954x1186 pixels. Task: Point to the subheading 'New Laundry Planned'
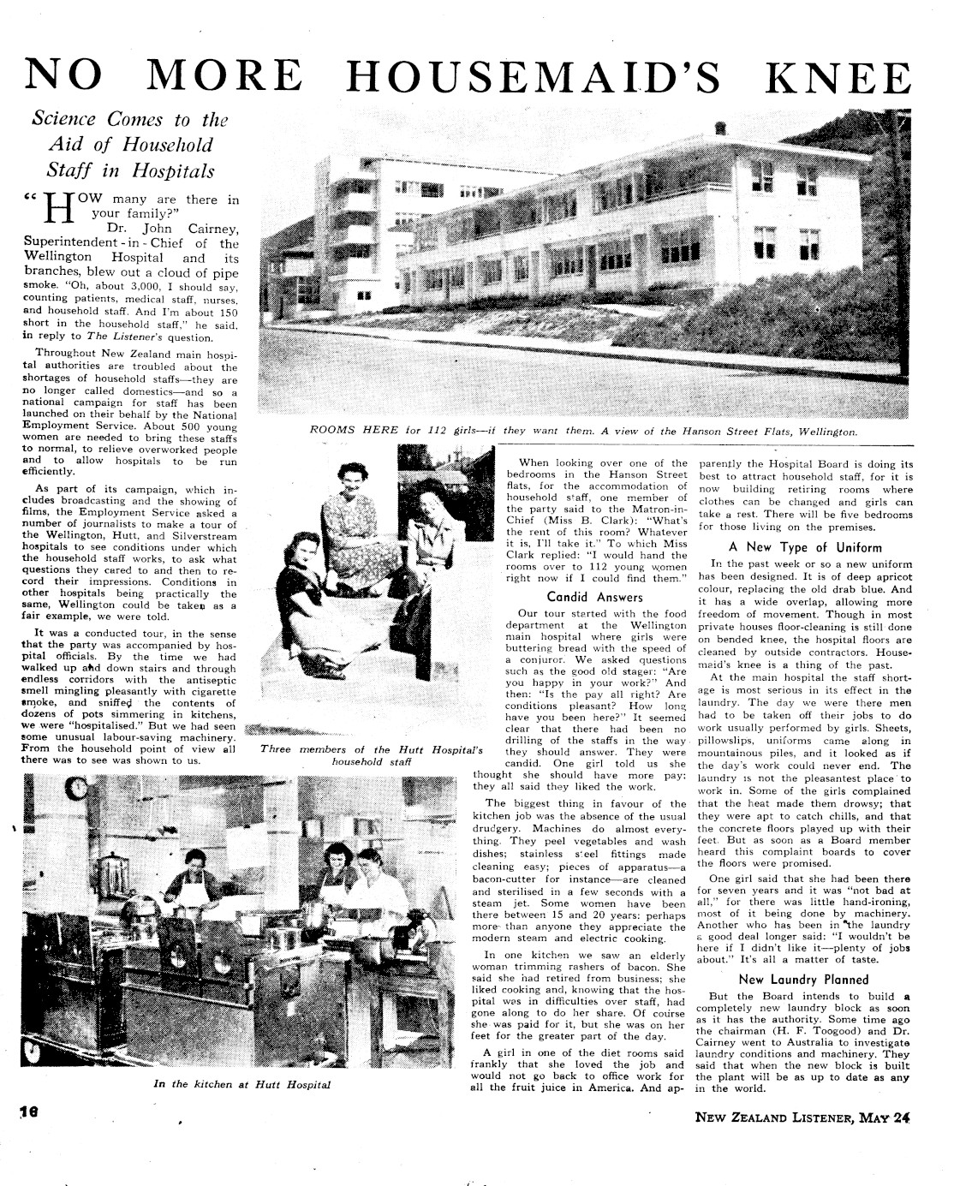pyautogui.click(x=803, y=979)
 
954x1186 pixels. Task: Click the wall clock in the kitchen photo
pyautogui.click(x=79, y=787)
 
